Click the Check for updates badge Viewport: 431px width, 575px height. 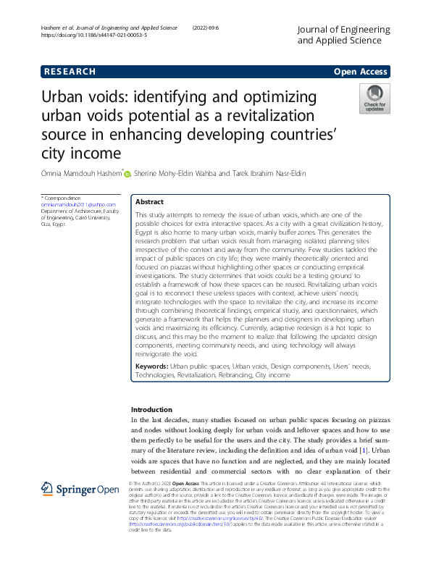click(374, 98)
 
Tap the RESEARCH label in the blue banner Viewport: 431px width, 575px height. click(70, 72)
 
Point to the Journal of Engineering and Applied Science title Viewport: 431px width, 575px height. click(344, 35)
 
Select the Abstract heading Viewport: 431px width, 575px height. click(149, 203)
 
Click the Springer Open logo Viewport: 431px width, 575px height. click(80, 490)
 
